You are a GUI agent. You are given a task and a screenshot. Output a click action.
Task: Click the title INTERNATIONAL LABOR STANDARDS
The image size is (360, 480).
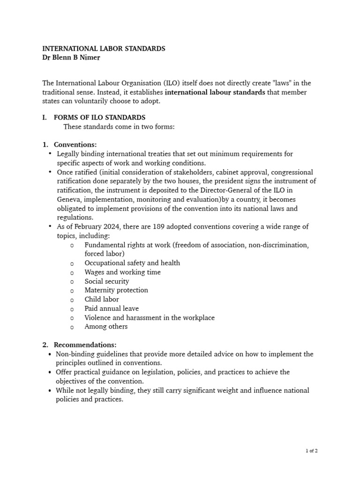(104, 48)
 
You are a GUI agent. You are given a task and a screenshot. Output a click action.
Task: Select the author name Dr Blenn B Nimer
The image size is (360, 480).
(71, 58)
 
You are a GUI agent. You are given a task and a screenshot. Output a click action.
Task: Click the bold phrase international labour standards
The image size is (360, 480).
(215, 92)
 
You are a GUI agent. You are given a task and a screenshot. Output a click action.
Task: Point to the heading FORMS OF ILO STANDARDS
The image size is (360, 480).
(99, 118)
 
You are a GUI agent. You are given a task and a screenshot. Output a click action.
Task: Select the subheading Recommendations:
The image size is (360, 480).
(85, 345)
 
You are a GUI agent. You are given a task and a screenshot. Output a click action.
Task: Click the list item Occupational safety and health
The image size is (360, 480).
(132, 263)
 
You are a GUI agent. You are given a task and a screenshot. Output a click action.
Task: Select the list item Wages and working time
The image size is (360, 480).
(122, 272)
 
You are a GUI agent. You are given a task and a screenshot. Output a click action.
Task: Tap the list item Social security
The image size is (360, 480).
(106, 281)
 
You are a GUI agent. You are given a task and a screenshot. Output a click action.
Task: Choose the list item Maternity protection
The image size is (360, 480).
(116, 290)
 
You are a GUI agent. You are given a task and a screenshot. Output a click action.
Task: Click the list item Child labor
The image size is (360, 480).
(101, 300)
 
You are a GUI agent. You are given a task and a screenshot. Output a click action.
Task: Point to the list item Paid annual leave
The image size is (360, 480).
(111, 308)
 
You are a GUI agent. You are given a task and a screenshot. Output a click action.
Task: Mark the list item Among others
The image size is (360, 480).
(105, 327)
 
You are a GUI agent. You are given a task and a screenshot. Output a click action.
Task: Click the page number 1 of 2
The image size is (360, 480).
(311, 451)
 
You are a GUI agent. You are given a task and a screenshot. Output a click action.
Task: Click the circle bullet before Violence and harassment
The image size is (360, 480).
(72, 318)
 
